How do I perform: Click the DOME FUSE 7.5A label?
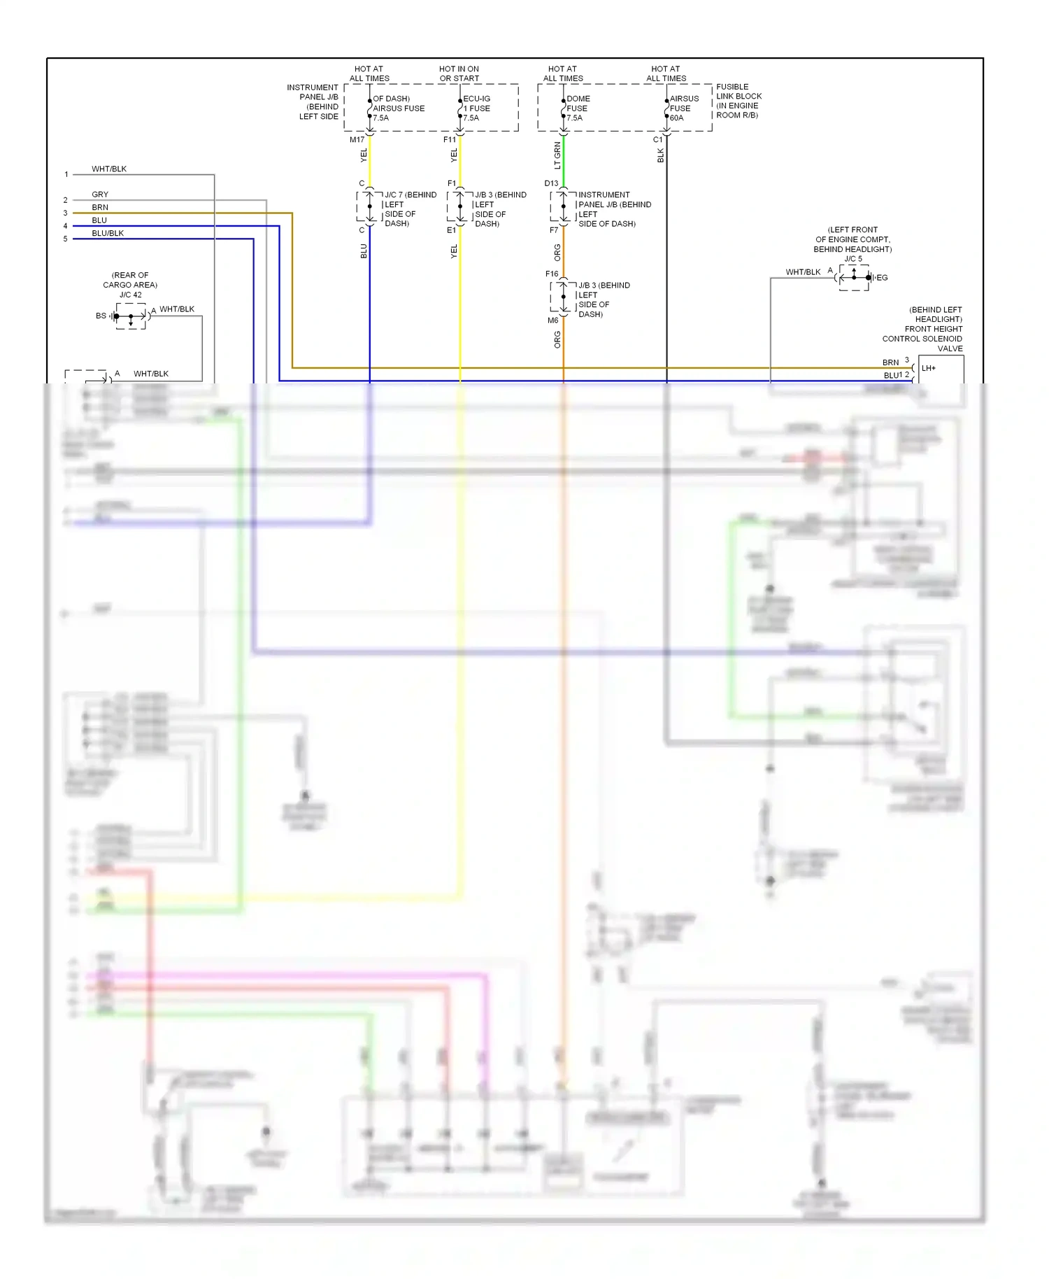(578, 108)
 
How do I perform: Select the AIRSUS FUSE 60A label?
(683, 108)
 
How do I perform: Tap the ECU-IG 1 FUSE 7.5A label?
(476, 108)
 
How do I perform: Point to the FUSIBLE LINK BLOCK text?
(738, 92)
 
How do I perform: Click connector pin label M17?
(357, 140)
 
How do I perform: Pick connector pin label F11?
(449, 140)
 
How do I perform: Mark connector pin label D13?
(551, 183)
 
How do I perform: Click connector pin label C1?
(657, 140)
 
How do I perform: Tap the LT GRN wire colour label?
(557, 156)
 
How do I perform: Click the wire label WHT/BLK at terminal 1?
(109, 169)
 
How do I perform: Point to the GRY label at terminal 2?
(100, 195)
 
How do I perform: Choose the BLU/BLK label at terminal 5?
(108, 234)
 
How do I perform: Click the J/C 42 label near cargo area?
(130, 295)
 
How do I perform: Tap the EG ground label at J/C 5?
(882, 278)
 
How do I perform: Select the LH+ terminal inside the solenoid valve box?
(929, 368)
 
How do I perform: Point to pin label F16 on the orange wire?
(552, 274)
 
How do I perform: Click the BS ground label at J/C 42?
(101, 316)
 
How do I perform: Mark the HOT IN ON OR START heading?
(459, 73)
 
